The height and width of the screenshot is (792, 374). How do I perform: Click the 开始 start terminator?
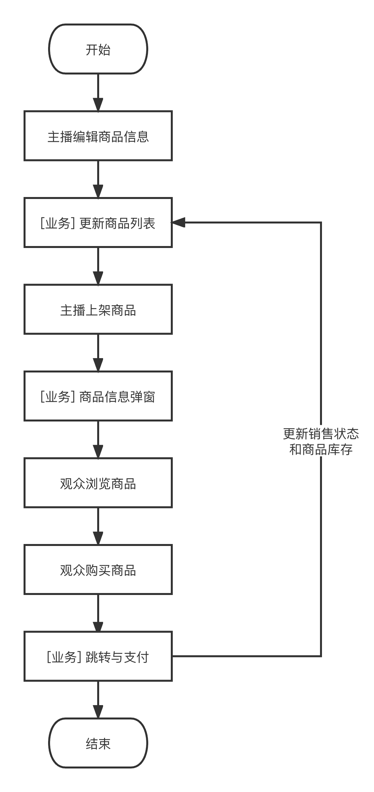[98, 49]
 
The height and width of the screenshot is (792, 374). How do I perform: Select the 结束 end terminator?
[98, 743]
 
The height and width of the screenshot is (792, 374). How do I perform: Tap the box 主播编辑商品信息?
[98, 136]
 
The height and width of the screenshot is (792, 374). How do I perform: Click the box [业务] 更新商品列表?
[98, 223]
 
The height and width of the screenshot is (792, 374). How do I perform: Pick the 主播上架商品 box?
[98, 310]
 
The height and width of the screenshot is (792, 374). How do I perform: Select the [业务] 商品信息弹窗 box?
[98, 396]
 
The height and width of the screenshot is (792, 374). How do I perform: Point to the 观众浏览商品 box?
[98, 483]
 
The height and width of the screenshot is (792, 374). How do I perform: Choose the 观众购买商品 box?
[98, 570]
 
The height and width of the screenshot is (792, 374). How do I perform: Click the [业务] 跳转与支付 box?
[98, 657]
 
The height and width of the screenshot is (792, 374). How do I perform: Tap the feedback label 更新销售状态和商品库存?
[321, 441]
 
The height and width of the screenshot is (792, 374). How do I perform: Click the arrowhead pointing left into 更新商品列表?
[178, 223]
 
